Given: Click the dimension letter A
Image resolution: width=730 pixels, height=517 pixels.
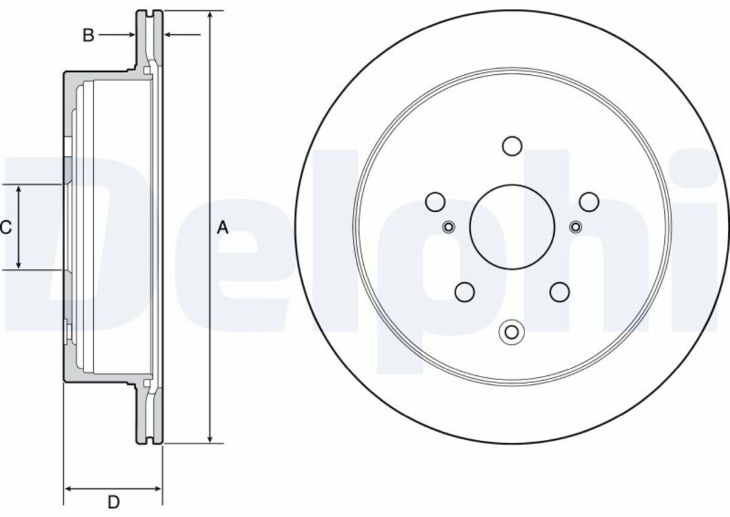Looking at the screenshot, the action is tap(223, 227).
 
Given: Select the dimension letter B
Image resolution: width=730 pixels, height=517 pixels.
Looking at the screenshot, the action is tap(88, 35).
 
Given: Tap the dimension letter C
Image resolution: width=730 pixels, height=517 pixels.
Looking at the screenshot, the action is tap(5, 227).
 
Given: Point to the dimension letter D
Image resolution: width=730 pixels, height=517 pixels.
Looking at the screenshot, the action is tap(113, 502).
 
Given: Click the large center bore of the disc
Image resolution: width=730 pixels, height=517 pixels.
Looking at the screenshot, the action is tap(512, 227).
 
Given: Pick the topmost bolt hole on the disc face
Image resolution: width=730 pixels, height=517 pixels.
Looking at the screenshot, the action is tap(512, 146).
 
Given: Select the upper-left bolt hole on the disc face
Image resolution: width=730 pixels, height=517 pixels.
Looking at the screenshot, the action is tap(436, 202).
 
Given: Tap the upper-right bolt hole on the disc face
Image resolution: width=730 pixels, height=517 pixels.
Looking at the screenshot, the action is tap(589, 202).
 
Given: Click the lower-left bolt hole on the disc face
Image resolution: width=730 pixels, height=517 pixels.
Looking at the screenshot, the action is tap(464, 292).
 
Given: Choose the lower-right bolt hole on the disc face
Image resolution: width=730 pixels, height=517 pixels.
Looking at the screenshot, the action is tap(560, 292).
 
